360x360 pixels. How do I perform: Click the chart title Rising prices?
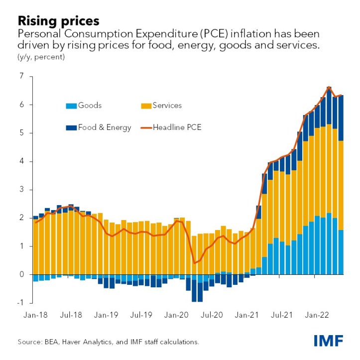pos(58,21)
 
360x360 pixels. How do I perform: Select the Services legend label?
pos(167,106)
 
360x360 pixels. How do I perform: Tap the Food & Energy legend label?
pos(104,127)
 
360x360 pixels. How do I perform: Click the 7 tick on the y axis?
pos(21,76)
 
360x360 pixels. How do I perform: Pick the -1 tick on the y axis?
pos(20,303)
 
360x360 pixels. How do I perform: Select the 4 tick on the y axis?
pos(21,161)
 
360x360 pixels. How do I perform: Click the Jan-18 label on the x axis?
pos(36,316)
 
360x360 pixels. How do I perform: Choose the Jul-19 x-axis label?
pos(142,316)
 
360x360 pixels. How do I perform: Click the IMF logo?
pos(328,341)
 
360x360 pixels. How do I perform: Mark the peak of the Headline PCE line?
pos(329,87)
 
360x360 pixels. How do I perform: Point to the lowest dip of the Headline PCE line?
pos(195,263)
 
